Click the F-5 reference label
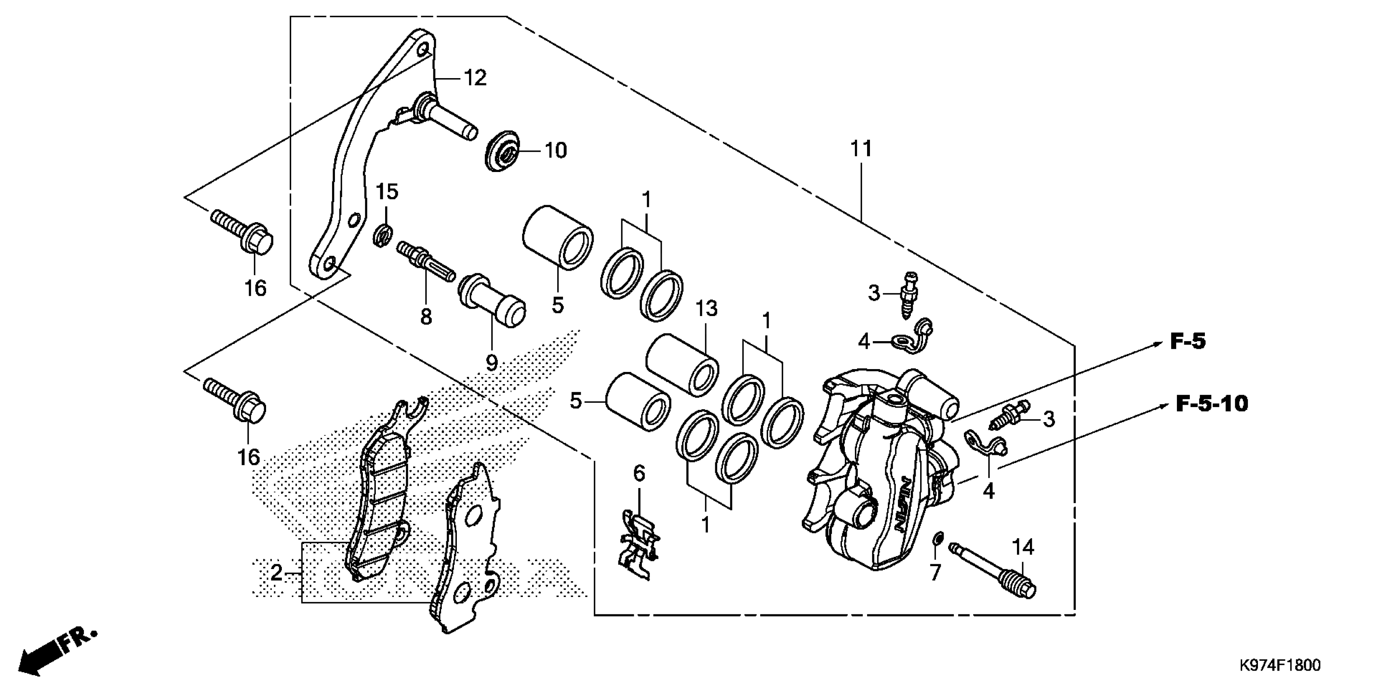[x=1188, y=342]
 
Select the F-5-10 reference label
[x=1211, y=403]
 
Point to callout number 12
[x=475, y=79]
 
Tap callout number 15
[x=387, y=192]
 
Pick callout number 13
[x=706, y=309]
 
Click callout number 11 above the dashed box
[x=861, y=149]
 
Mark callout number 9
[x=491, y=363]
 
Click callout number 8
[x=426, y=317]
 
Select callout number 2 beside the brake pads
[x=276, y=573]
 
